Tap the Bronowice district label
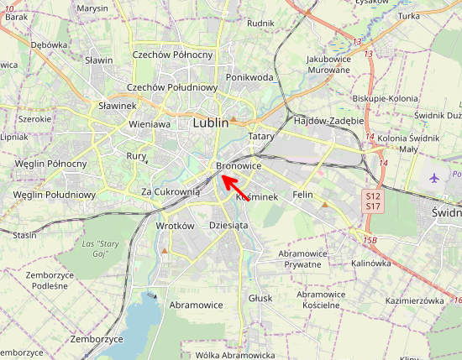tap(239, 166)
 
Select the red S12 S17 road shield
tap(373, 200)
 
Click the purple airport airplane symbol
tap(434, 178)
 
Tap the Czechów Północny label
tap(173, 55)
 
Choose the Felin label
tap(302, 195)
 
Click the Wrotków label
tap(176, 226)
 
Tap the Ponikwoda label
tap(249, 77)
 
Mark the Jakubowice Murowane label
tap(328, 65)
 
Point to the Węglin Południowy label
tap(55, 195)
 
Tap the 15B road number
tap(370, 241)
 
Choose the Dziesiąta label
tap(228, 225)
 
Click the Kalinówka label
tap(371, 263)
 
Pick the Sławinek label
tap(118, 106)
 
